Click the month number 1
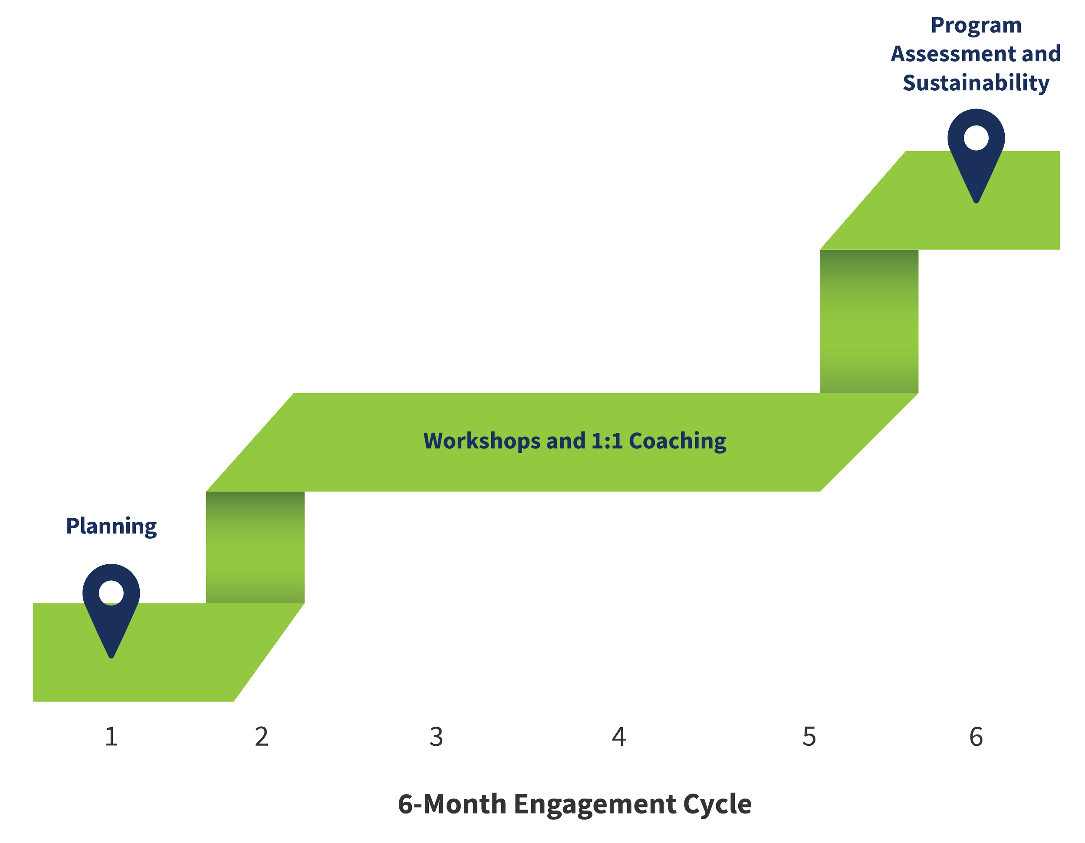coord(111,737)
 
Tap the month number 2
coord(262,737)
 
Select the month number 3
coord(436,737)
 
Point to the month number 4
coord(619,737)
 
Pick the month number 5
coord(809,737)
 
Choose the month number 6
coord(976,737)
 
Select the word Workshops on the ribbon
coord(482,441)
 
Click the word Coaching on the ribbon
coord(677,441)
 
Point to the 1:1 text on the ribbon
coord(607,441)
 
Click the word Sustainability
coord(976,83)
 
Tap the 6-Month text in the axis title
coord(452,804)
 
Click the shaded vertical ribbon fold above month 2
coord(255,547)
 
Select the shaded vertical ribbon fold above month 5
coord(869,321)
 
